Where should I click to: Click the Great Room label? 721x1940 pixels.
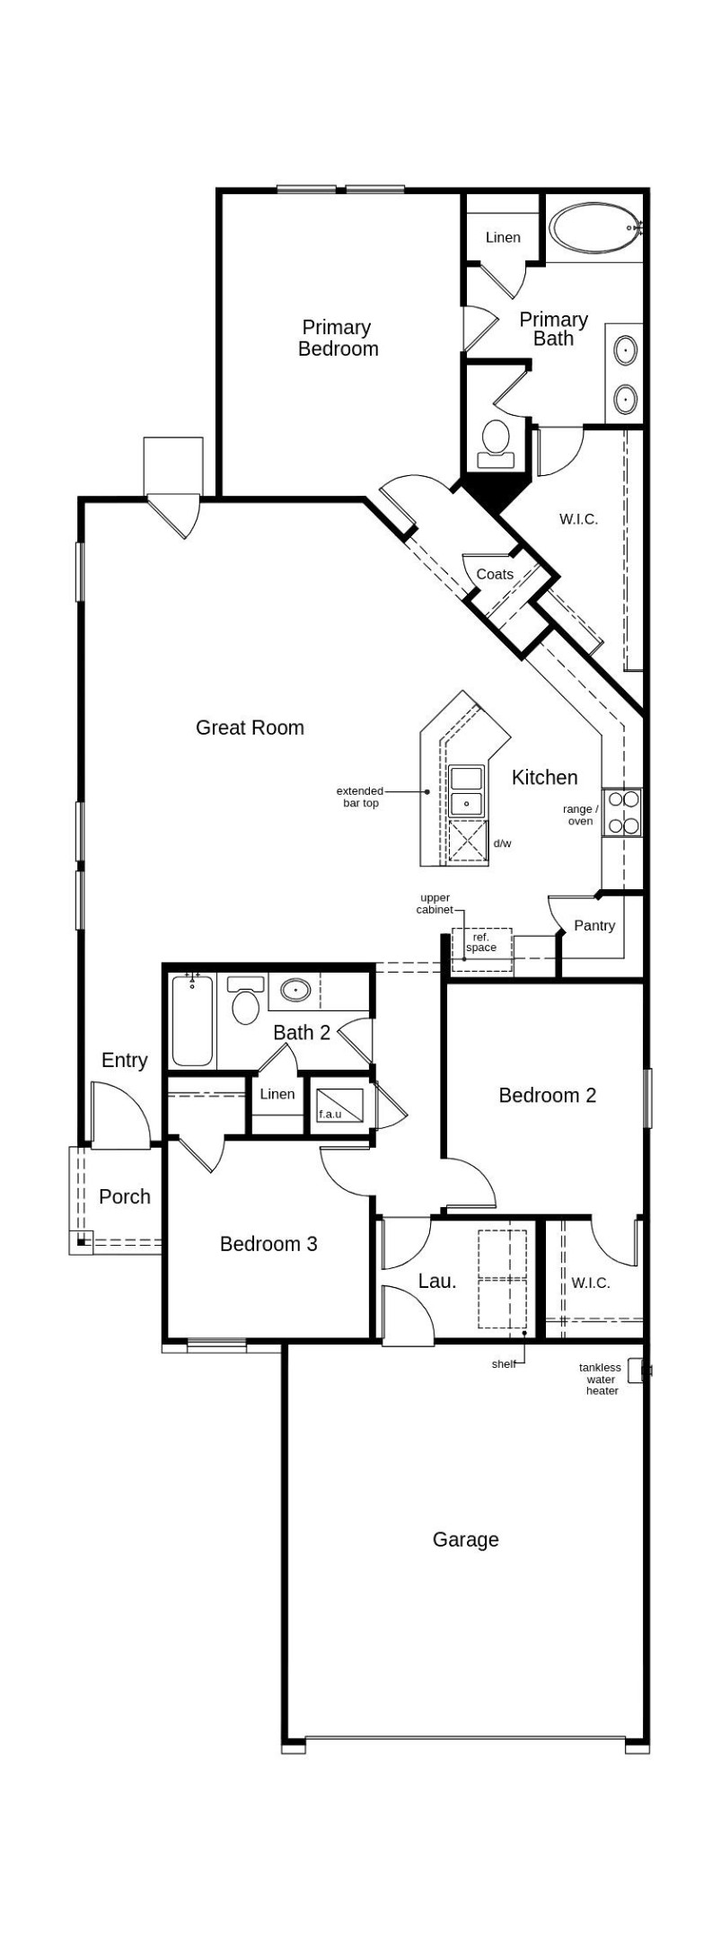click(x=250, y=727)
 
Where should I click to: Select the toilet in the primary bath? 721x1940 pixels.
click(x=496, y=442)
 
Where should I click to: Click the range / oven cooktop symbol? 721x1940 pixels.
click(x=622, y=811)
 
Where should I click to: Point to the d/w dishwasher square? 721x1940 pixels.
click(x=468, y=841)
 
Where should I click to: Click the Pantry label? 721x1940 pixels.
click(x=594, y=925)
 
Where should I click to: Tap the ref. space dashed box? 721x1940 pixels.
click(x=482, y=948)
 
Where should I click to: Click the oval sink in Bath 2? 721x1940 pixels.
click(x=295, y=991)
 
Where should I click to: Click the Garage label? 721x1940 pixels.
click(x=465, y=1539)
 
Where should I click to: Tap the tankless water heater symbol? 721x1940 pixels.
click(x=637, y=1371)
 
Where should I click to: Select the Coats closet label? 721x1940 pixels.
click(x=495, y=574)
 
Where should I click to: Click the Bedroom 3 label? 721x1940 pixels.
click(x=268, y=1244)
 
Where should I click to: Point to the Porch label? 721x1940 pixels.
click(x=125, y=1196)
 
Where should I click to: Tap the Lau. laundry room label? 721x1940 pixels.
click(x=437, y=1281)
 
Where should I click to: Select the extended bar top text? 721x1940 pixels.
click(x=360, y=797)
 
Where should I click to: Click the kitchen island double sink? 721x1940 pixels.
click(x=466, y=789)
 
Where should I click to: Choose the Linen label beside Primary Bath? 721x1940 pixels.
click(x=503, y=237)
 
